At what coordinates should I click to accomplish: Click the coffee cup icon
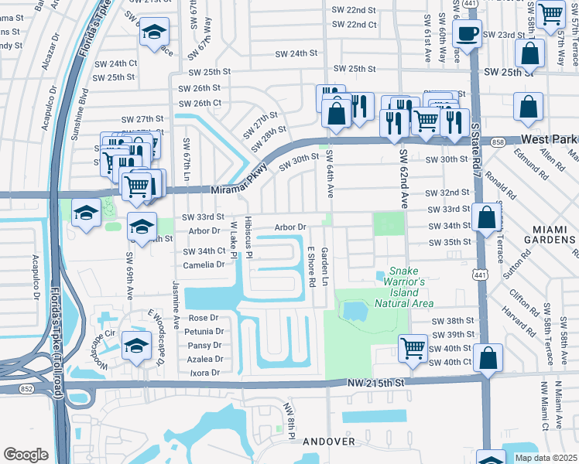467,34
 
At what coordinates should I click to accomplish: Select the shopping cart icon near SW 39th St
413,347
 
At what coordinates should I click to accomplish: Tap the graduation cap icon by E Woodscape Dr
137,346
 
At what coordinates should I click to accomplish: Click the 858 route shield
498,142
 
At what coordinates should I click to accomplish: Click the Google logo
26,455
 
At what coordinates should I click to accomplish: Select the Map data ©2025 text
546,458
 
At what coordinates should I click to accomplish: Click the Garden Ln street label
325,266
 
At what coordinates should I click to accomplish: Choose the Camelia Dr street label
204,264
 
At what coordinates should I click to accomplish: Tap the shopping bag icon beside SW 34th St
485,217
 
